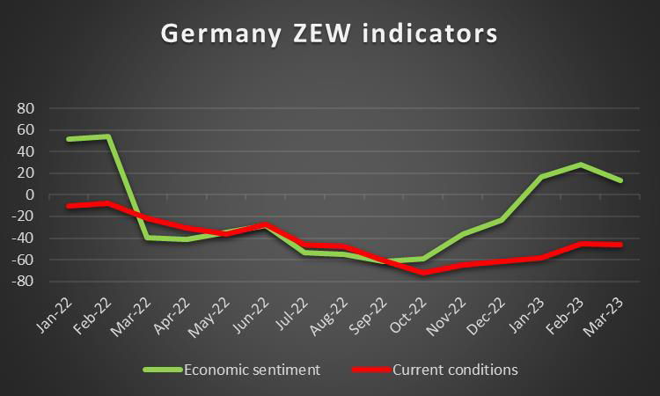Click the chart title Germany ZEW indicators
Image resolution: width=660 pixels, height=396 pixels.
coord(329,34)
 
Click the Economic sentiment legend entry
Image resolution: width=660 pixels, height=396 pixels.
coord(253,370)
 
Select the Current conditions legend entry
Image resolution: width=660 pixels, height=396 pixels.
coord(455,370)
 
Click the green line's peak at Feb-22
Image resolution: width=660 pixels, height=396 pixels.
coord(107,136)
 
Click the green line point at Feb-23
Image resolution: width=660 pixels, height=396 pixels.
coord(581,165)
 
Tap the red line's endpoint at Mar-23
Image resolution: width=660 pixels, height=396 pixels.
coord(620,245)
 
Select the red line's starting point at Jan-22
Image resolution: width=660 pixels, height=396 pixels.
coord(68,206)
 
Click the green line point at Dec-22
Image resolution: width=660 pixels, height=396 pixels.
coord(502,220)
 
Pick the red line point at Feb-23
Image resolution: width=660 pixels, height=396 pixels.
coord(581,244)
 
